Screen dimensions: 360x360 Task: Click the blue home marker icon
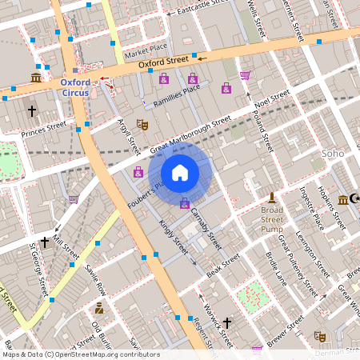(180, 172)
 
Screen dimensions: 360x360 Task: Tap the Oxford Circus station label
(80, 86)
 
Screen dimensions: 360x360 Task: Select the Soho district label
(332, 153)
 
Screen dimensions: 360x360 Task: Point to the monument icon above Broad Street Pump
(272, 197)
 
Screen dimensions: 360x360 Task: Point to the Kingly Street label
(173, 238)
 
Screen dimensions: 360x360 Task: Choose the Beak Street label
(223, 267)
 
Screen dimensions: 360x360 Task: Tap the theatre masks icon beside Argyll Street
(142, 124)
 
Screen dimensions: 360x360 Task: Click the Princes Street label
(44, 129)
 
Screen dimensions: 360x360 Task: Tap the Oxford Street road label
(162, 60)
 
